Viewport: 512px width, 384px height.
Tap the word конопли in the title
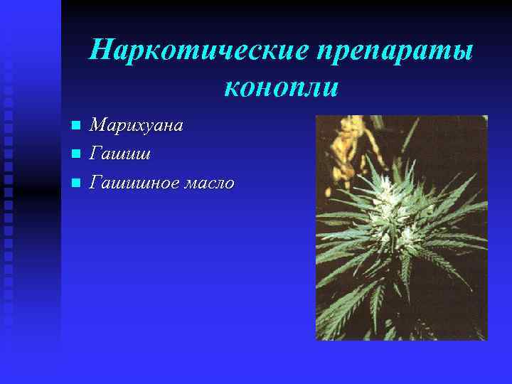pos(282,87)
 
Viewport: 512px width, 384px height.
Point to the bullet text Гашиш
pos(119,154)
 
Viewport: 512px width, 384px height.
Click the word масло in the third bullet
pos(210,183)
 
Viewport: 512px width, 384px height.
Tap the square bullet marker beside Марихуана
pos(76,127)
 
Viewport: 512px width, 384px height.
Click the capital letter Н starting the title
pos(102,50)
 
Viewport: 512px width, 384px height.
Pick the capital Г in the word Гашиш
pos(95,154)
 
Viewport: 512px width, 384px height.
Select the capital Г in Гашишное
pos(95,183)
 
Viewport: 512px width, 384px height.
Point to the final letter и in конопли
pos(331,89)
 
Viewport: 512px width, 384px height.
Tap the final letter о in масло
pos(229,184)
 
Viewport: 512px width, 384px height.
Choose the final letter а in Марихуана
pos(178,127)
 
